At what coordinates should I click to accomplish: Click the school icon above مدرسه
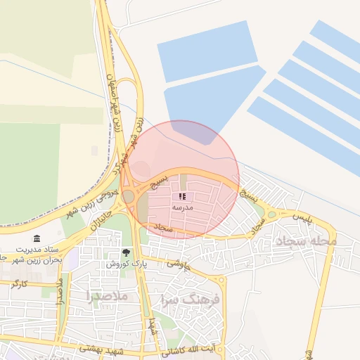coord(182,197)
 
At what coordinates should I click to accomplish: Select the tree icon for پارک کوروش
coord(127,252)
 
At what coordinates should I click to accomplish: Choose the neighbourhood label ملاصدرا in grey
coord(105,296)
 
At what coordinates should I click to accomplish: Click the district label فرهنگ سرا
coord(191,299)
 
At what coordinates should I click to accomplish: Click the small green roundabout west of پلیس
coord(271,214)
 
